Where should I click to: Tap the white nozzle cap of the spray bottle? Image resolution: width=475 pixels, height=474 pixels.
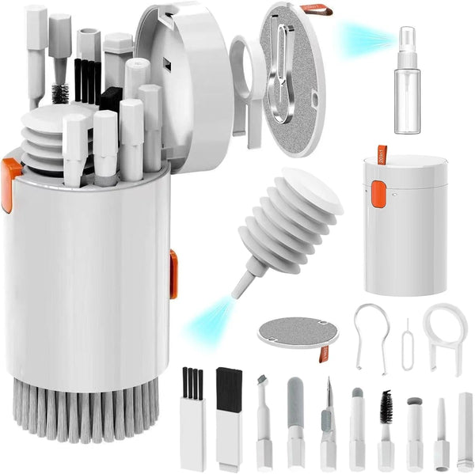(x=408, y=38)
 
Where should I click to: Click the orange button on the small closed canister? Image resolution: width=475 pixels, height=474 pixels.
(x=378, y=194)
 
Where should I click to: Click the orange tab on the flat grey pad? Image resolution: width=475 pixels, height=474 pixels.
(x=324, y=354)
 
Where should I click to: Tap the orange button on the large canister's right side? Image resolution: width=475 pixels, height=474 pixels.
(x=173, y=274)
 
